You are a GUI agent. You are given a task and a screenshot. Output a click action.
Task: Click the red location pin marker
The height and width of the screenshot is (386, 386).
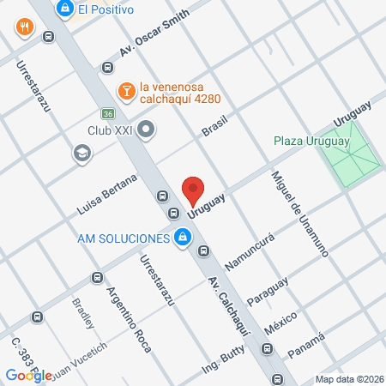(x=194, y=189)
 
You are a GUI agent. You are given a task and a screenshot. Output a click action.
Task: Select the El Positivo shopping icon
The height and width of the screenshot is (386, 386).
(x=64, y=9)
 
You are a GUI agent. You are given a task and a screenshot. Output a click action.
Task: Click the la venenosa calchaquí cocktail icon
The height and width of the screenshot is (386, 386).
(x=125, y=89)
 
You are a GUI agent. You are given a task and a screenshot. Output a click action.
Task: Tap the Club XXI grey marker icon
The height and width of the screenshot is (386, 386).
(x=146, y=130)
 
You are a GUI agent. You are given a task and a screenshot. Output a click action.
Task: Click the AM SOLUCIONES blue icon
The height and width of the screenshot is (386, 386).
(x=182, y=238)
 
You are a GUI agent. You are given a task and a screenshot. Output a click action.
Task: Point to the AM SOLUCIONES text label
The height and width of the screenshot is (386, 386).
(x=120, y=238)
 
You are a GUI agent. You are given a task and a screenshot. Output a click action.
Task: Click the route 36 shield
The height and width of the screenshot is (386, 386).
(x=107, y=113)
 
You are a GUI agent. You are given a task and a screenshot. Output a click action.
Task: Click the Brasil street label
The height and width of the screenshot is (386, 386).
(x=218, y=124)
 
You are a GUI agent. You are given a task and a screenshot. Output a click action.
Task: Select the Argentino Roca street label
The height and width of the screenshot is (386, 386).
(x=129, y=316)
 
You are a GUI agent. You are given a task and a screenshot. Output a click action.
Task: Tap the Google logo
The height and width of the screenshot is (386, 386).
(x=28, y=375)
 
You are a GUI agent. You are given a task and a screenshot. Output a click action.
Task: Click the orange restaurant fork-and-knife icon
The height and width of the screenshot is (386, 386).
(x=23, y=27)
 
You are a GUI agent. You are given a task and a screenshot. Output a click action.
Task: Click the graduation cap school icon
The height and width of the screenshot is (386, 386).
(x=81, y=153)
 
